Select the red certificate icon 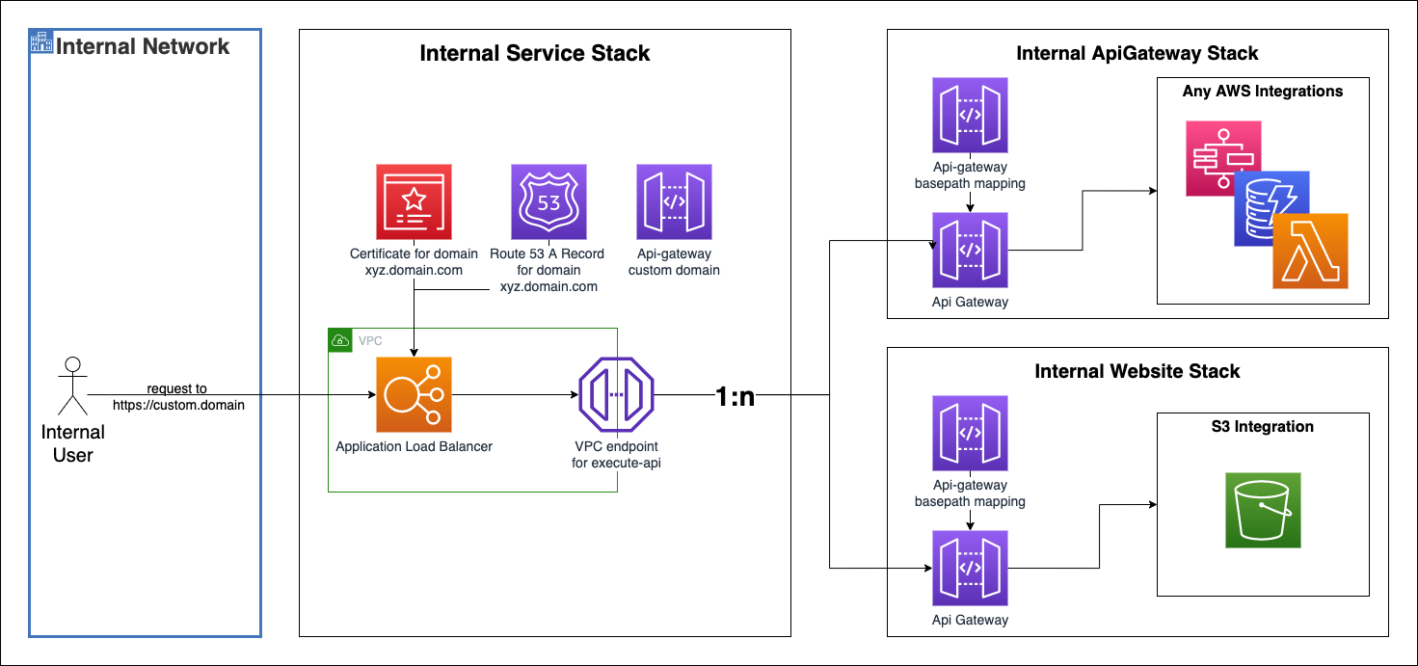[414, 201]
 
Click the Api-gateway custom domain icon [674, 201]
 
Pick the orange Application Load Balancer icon [414, 395]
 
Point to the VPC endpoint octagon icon [616, 395]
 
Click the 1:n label [735, 396]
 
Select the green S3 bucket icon [1262, 510]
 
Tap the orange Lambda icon [1310, 252]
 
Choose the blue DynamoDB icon [1271, 207]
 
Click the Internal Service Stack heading [535, 53]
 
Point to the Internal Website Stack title [1137, 371]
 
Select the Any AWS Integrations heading [1262, 92]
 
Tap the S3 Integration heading [1262, 426]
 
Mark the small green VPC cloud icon [340, 340]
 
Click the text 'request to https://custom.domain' [178, 397]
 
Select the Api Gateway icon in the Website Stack [970, 568]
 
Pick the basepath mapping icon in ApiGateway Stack [970, 116]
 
